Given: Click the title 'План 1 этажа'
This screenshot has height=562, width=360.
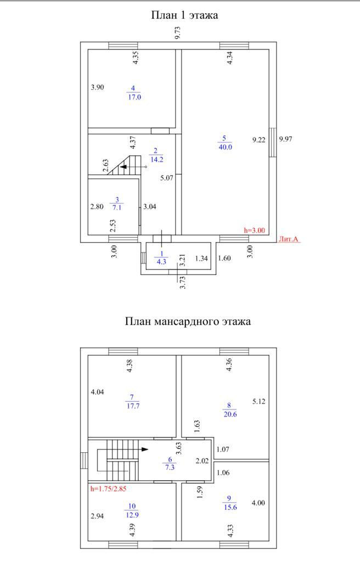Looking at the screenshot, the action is pyautogui.click(x=184, y=15).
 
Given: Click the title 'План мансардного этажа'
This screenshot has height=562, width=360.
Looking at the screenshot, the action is pyautogui.click(x=188, y=322).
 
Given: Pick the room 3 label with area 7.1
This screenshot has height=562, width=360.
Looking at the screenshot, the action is pyautogui.click(x=116, y=204).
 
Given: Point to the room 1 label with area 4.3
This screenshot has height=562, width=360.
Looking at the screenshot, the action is pyautogui.click(x=161, y=258).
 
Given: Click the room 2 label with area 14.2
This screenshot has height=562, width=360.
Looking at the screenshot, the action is pyautogui.click(x=156, y=155).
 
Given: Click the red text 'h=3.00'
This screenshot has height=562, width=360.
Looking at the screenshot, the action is pyautogui.click(x=254, y=231).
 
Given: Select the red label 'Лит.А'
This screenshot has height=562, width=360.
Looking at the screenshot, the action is pyautogui.click(x=289, y=239).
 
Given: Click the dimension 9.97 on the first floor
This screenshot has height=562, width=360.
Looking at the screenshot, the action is pyautogui.click(x=285, y=139).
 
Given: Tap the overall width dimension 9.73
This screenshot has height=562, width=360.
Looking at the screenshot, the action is pyautogui.click(x=177, y=32).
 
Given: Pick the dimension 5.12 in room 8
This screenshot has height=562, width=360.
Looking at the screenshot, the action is pyautogui.click(x=258, y=402).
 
